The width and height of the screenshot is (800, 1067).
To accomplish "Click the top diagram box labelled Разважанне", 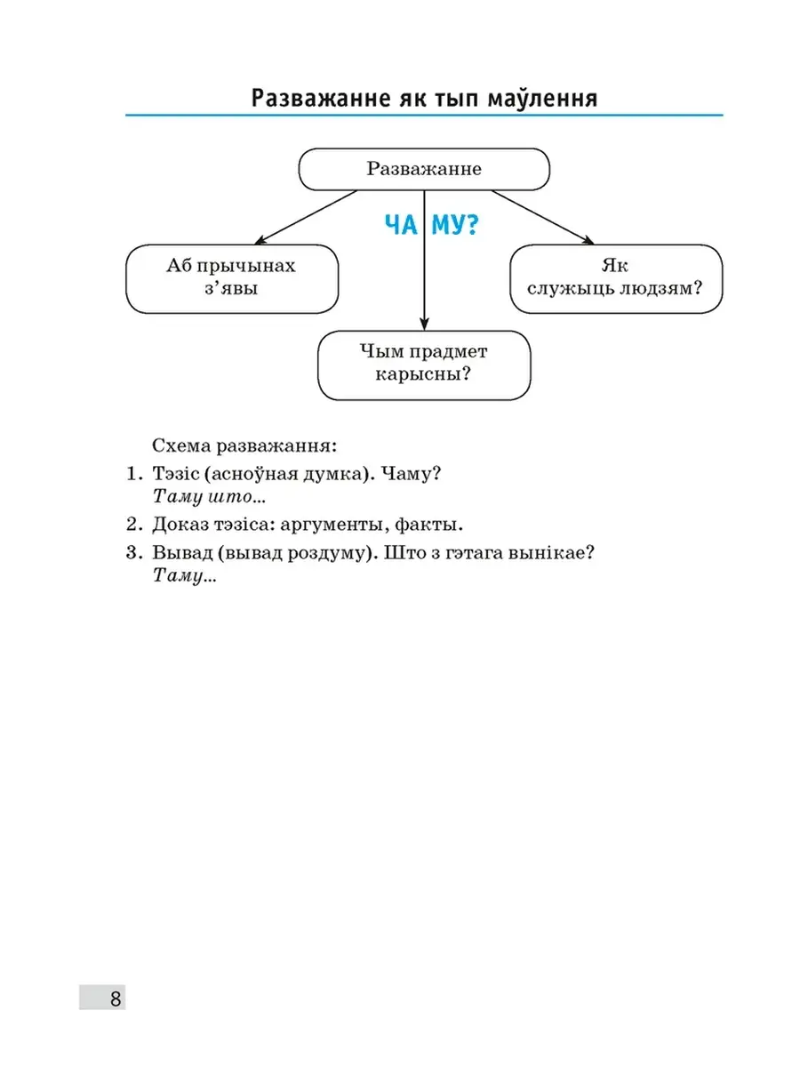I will pos(424,169).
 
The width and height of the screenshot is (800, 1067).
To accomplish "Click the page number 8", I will pos(116,998).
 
